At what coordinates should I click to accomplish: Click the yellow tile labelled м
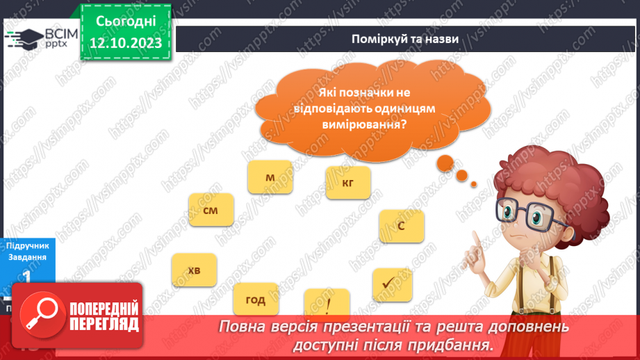[x=270, y=178]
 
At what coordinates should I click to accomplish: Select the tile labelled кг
[x=348, y=183]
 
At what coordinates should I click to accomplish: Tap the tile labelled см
[x=211, y=210]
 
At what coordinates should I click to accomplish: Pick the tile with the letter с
[x=402, y=226]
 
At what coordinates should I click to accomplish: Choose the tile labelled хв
[x=194, y=270]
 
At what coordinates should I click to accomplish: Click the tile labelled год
[x=256, y=300]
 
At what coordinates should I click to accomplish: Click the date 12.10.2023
[x=126, y=42]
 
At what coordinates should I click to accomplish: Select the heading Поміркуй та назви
[x=404, y=40]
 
